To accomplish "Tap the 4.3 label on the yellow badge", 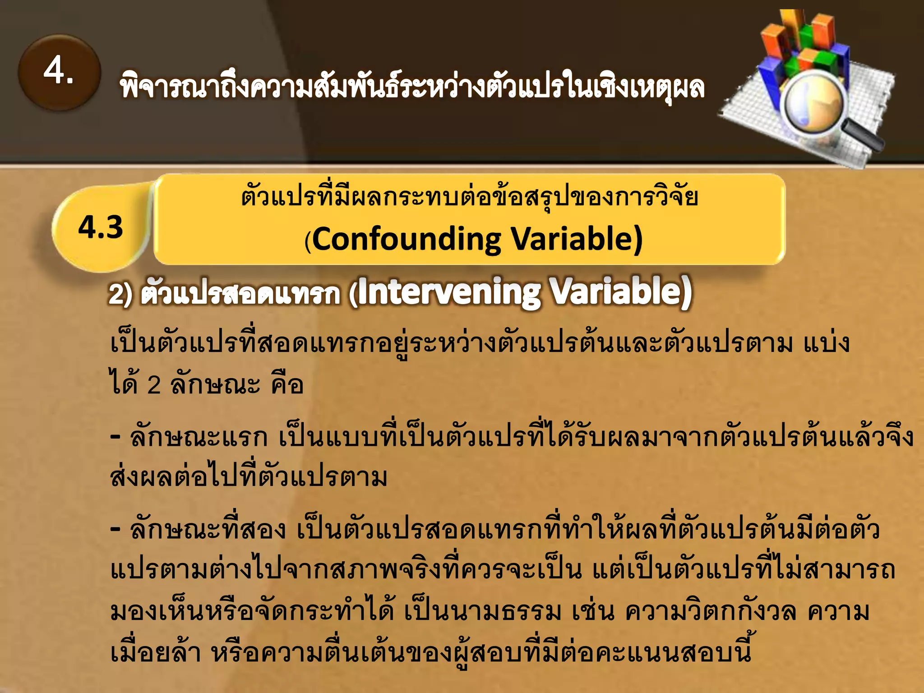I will (101, 227).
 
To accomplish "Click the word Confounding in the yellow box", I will (406, 239).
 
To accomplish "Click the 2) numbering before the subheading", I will (120, 294).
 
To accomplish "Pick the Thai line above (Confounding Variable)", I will (469, 198).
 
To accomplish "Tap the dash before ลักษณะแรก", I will (115, 437).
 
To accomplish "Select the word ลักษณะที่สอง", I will (208, 530).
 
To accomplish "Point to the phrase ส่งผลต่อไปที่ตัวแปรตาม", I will (248, 477).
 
